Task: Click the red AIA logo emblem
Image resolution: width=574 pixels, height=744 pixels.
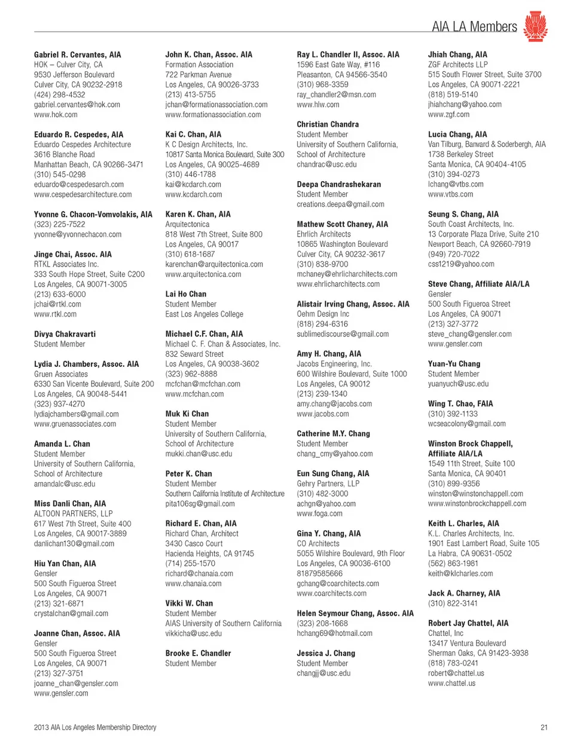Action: tap(535, 26)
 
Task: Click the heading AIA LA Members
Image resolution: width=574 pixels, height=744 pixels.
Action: tap(474, 27)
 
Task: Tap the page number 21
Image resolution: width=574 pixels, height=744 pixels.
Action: tap(544, 727)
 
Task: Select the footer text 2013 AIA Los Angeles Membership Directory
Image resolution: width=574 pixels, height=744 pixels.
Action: tap(95, 727)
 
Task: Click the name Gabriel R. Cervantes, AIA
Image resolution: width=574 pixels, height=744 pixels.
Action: tap(77, 54)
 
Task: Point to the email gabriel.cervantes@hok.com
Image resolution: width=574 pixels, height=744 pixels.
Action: tap(77, 105)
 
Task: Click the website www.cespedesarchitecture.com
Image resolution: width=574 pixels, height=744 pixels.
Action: tap(83, 194)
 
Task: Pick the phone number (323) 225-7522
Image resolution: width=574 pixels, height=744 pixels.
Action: tap(60, 224)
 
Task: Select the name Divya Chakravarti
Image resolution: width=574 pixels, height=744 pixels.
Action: tap(65, 334)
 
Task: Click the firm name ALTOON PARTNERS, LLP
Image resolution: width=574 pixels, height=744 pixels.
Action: tap(74, 513)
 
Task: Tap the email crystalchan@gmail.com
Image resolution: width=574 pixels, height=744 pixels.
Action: tap(71, 613)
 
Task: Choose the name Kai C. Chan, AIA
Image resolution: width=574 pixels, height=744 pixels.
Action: tap(193, 134)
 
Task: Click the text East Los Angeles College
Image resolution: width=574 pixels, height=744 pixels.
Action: tap(204, 314)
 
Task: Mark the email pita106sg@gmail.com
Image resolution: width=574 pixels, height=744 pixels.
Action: tap(200, 504)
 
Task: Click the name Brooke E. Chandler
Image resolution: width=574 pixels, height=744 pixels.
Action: tap(198, 653)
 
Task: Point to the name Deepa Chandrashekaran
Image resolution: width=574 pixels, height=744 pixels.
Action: tap(338, 184)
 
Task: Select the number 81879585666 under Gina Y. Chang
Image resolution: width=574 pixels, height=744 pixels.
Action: tap(320, 573)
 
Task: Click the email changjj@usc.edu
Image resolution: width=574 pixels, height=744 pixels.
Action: tap(323, 673)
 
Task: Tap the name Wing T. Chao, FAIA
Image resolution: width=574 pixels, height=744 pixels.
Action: tap(460, 403)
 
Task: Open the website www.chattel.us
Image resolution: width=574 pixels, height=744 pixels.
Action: tap(451, 683)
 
